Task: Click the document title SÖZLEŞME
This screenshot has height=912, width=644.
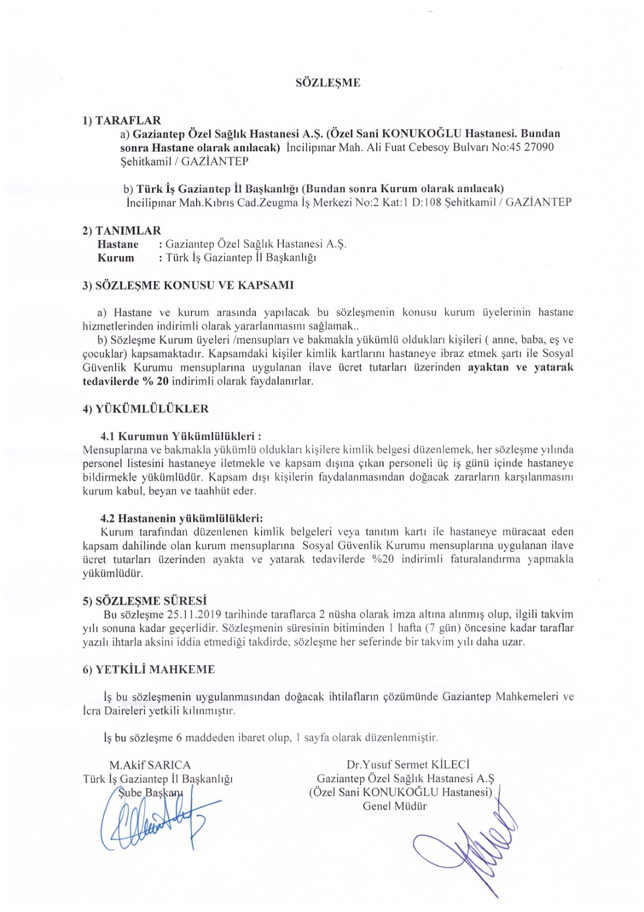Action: click(328, 83)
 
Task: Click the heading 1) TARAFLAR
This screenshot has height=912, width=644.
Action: click(122, 120)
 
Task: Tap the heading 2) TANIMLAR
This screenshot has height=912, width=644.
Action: click(122, 230)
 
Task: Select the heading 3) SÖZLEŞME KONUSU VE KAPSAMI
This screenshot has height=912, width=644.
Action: click(188, 285)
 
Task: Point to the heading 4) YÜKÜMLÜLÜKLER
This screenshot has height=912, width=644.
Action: click(146, 409)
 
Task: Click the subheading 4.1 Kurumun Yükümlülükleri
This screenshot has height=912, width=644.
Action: click(181, 437)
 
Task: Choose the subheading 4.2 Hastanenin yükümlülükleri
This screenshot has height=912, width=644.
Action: click(182, 519)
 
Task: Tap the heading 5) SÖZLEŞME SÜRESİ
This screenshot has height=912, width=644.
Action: click(145, 601)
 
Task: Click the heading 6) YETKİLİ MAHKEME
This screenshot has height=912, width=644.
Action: click(149, 670)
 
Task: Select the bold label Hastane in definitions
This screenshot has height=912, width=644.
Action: click(118, 244)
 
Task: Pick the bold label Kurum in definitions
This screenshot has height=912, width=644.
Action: click(116, 258)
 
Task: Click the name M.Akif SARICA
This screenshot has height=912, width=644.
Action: click(150, 765)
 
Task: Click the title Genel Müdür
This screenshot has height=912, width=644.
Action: click(394, 806)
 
